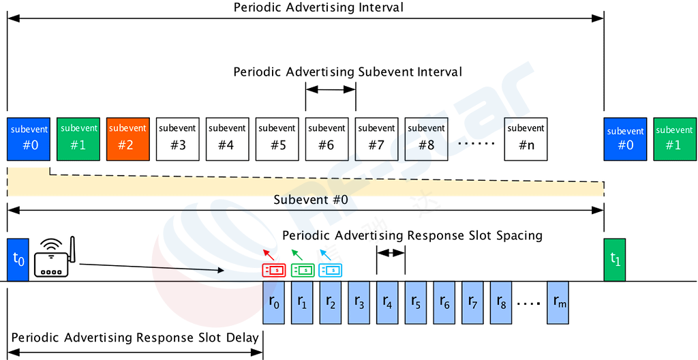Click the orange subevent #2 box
[x=127, y=138]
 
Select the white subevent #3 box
[x=178, y=138]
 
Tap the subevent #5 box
[x=277, y=138]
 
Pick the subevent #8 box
[x=426, y=138]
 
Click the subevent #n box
[x=526, y=138]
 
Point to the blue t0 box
[x=18, y=259]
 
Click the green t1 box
[x=615, y=259]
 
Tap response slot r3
[x=359, y=303]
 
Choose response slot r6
[x=446, y=303]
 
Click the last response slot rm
[x=560, y=303]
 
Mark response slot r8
[x=502, y=303]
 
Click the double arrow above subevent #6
[x=331, y=89]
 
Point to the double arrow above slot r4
[x=391, y=253]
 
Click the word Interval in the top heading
[x=439, y=72]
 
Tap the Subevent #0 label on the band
[x=311, y=200]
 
